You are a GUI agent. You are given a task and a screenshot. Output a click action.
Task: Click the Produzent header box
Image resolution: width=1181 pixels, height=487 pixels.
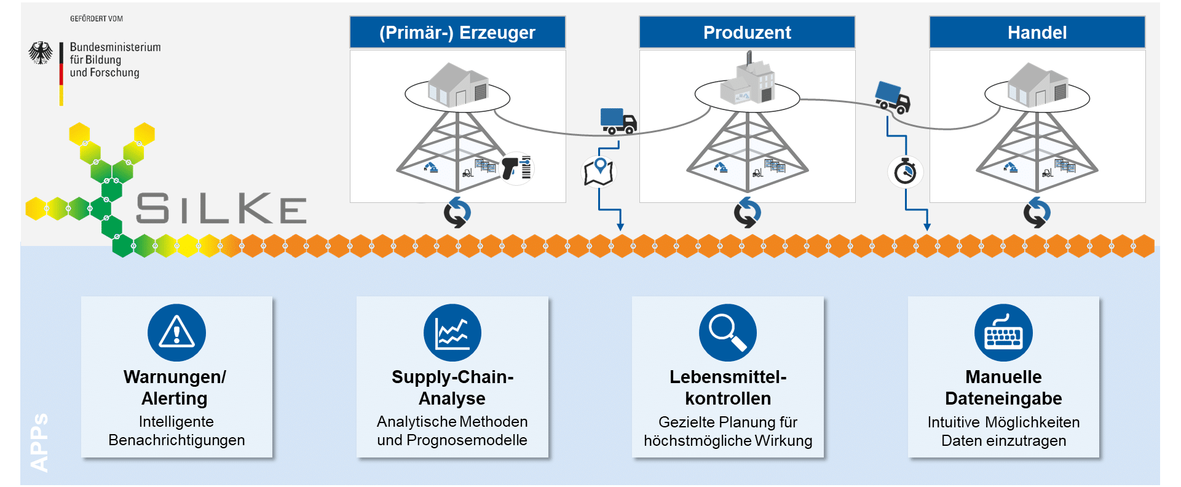pos(747,33)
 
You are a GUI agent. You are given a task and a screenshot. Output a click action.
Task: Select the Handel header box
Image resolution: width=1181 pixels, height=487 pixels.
pos(1037,33)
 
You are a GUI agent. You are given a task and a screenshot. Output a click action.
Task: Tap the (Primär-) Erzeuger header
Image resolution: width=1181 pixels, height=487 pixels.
pos(457,33)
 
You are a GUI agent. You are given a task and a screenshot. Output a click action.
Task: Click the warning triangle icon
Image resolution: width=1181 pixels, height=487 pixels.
pos(176,333)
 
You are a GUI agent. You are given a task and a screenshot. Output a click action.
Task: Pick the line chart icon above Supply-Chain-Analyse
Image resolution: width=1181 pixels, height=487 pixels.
pos(452,333)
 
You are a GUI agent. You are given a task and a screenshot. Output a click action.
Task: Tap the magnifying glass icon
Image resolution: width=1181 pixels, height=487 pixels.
pos(728,333)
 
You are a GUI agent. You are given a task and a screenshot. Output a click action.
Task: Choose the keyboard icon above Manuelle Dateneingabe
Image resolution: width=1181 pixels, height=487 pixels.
pos(1003,333)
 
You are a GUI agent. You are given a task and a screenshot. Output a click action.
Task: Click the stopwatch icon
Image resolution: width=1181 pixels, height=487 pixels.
pos(905,171)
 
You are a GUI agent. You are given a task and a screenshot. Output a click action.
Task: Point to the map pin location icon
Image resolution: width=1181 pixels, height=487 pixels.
pos(599,171)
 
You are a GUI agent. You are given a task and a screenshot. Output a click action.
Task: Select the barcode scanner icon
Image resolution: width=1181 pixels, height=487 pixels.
pos(515,168)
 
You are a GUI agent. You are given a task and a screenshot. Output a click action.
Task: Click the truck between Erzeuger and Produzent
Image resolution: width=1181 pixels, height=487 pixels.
pos(618,121)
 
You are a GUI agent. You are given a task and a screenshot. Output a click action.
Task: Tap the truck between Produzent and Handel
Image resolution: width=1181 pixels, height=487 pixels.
pos(893,98)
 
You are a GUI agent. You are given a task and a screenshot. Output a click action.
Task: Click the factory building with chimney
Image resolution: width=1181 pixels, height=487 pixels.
pos(748,80)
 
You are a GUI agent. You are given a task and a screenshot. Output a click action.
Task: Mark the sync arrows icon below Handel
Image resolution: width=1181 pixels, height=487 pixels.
pos(1037,213)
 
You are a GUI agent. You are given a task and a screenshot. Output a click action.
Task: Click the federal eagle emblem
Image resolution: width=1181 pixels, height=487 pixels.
pos(41,53)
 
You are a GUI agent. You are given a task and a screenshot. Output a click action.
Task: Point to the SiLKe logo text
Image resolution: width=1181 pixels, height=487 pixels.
pos(221,208)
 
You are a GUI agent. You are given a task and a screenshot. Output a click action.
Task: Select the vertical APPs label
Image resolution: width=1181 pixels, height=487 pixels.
pos(39,443)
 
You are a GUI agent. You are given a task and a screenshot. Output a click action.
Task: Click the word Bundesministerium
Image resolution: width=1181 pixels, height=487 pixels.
pos(115,47)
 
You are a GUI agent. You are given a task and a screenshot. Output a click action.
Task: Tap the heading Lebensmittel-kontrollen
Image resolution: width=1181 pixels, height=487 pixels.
pos(728,387)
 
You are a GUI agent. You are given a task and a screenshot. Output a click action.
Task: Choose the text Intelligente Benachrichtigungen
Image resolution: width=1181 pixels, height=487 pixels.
pos(176,430)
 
